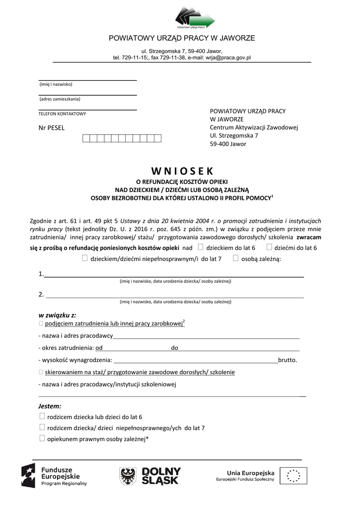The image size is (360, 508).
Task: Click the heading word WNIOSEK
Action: pyautogui.click(x=182, y=171)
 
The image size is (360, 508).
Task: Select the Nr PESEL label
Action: pyautogui.click(x=52, y=128)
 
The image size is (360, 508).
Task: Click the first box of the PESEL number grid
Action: pyautogui.click(x=86, y=138)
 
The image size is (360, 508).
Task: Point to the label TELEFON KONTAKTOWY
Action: pyautogui.click(x=62, y=114)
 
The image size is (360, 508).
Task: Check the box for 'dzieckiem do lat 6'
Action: pyautogui.click(x=200, y=247)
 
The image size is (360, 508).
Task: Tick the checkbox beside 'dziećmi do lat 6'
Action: pyautogui.click(x=269, y=247)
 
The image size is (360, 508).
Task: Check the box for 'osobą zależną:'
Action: pyautogui.click(x=235, y=258)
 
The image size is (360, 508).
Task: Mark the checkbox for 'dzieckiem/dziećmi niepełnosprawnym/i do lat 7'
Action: pyautogui.click(x=84, y=258)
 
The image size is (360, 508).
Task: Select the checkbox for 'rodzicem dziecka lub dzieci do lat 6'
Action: pyautogui.click(x=42, y=416)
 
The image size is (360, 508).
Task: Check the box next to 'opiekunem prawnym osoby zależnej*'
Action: pyautogui.click(x=42, y=438)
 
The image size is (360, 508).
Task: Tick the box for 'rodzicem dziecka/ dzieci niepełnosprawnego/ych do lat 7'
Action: pyautogui.click(x=42, y=427)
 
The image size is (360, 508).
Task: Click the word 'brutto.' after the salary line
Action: pyautogui.click(x=288, y=360)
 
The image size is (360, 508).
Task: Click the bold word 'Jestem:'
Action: pyautogui.click(x=50, y=406)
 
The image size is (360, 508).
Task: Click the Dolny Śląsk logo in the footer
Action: pyautogui.click(x=150, y=476)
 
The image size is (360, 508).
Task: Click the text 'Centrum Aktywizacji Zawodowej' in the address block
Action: pyautogui.click(x=254, y=127)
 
